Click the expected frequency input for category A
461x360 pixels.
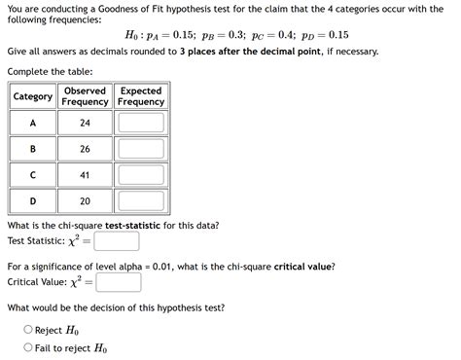coord(141,124)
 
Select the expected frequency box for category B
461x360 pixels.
coord(141,149)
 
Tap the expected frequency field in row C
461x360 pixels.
coord(141,175)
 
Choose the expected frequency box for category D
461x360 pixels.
coord(141,201)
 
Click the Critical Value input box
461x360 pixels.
coord(119,282)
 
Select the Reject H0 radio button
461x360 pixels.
coord(28,330)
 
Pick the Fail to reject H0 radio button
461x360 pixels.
coord(28,347)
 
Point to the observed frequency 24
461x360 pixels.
coord(85,124)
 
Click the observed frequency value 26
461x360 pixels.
coord(85,149)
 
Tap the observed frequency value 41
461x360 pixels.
coord(85,175)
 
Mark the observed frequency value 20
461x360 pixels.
coord(85,201)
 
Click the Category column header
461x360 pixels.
coord(32,96)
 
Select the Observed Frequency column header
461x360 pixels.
coord(85,96)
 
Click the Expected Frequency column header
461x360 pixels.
coord(141,96)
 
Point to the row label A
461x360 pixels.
coord(32,124)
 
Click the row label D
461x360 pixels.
coord(32,201)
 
